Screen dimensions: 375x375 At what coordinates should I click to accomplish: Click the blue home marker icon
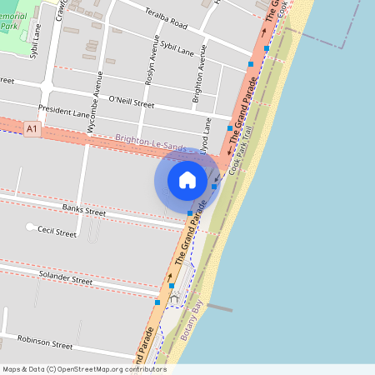pyautogui.click(x=187, y=179)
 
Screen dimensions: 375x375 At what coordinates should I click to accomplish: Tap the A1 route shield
pyautogui.click(x=32, y=129)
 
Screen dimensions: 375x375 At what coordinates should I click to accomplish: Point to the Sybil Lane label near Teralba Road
pyautogui.click(x=177, y=48)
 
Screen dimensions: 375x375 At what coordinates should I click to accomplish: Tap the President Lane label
pyautogui.click(x=63, y=112)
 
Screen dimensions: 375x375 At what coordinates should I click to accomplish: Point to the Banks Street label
pyautogui.click(x=84, y=208)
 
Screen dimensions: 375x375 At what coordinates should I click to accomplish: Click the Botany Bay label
pyautogui.click(x=192, y=322)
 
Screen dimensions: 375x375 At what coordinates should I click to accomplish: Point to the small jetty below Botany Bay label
pyautogui.click(x=217, y=307)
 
